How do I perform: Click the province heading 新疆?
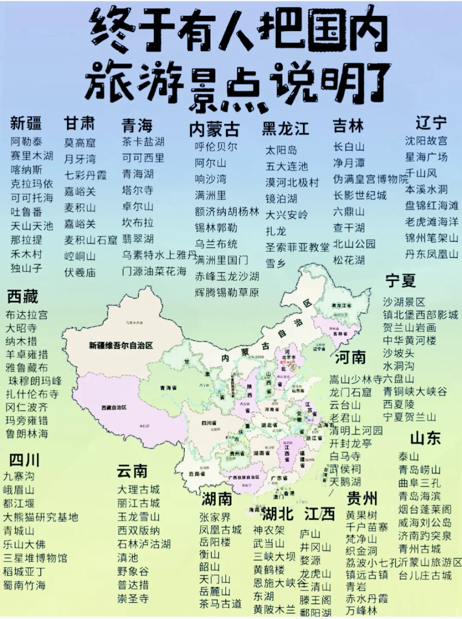click(26, 124)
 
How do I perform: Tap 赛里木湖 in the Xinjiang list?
click(32, 156)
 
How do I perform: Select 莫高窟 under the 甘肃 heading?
click(80, 143)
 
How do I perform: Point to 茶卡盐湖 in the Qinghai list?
click(143, 141)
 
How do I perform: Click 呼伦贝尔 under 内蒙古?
click(216, 147)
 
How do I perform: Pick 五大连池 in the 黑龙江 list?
click(286, 166)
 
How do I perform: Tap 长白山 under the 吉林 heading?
click(349, 147)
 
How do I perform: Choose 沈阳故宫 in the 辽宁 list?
click(426, 141)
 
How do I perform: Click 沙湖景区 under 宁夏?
click(404, 302)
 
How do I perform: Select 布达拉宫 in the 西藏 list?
click(27, 315)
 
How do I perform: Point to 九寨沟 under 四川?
click(18, 476)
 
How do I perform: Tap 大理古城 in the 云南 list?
click(138, 489)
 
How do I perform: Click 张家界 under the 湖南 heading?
click(215, 517)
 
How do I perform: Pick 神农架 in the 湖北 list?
click(269, 531)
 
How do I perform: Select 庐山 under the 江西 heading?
click(310, 534)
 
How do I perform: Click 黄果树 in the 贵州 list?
click(361, 515)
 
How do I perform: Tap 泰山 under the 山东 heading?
click(409, 457)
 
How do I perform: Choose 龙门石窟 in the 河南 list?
click(350, 392)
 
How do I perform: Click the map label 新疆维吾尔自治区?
click(121, 345)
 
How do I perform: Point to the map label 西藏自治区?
click(114, 408)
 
